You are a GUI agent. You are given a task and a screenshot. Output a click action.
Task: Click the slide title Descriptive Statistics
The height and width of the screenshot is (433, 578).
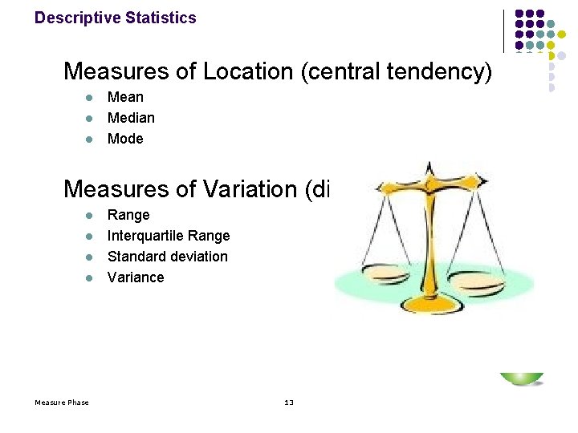pos(115,18)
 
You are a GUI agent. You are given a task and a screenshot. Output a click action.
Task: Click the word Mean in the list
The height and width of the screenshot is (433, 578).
pos(125,97)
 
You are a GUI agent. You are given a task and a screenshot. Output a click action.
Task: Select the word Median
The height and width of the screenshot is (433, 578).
pos(131,118)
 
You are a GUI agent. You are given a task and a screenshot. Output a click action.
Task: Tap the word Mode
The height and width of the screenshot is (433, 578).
pos(125,139)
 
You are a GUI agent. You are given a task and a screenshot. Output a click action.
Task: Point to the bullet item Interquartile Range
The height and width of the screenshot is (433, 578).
pos(169,236)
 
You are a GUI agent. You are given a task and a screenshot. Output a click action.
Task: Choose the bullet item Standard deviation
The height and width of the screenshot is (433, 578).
pos(167,257)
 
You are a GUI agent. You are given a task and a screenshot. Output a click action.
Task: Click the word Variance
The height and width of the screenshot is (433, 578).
pos(136,277)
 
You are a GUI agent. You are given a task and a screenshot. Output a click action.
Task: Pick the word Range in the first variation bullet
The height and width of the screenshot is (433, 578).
pos(128,215)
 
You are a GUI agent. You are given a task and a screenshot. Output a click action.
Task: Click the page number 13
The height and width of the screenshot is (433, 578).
pos(289,402)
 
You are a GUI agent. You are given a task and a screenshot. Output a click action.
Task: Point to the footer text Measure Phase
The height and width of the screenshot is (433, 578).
pos(62,402)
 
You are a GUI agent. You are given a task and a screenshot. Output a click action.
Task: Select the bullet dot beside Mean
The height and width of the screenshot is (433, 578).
pos(90,98)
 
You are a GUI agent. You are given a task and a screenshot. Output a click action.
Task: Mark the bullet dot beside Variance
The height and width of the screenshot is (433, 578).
pos(90,278)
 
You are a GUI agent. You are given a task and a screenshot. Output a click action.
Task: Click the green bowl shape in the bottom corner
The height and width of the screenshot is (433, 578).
pos(522,378)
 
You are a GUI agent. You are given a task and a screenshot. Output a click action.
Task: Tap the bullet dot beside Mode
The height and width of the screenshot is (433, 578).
pos(90,140)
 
